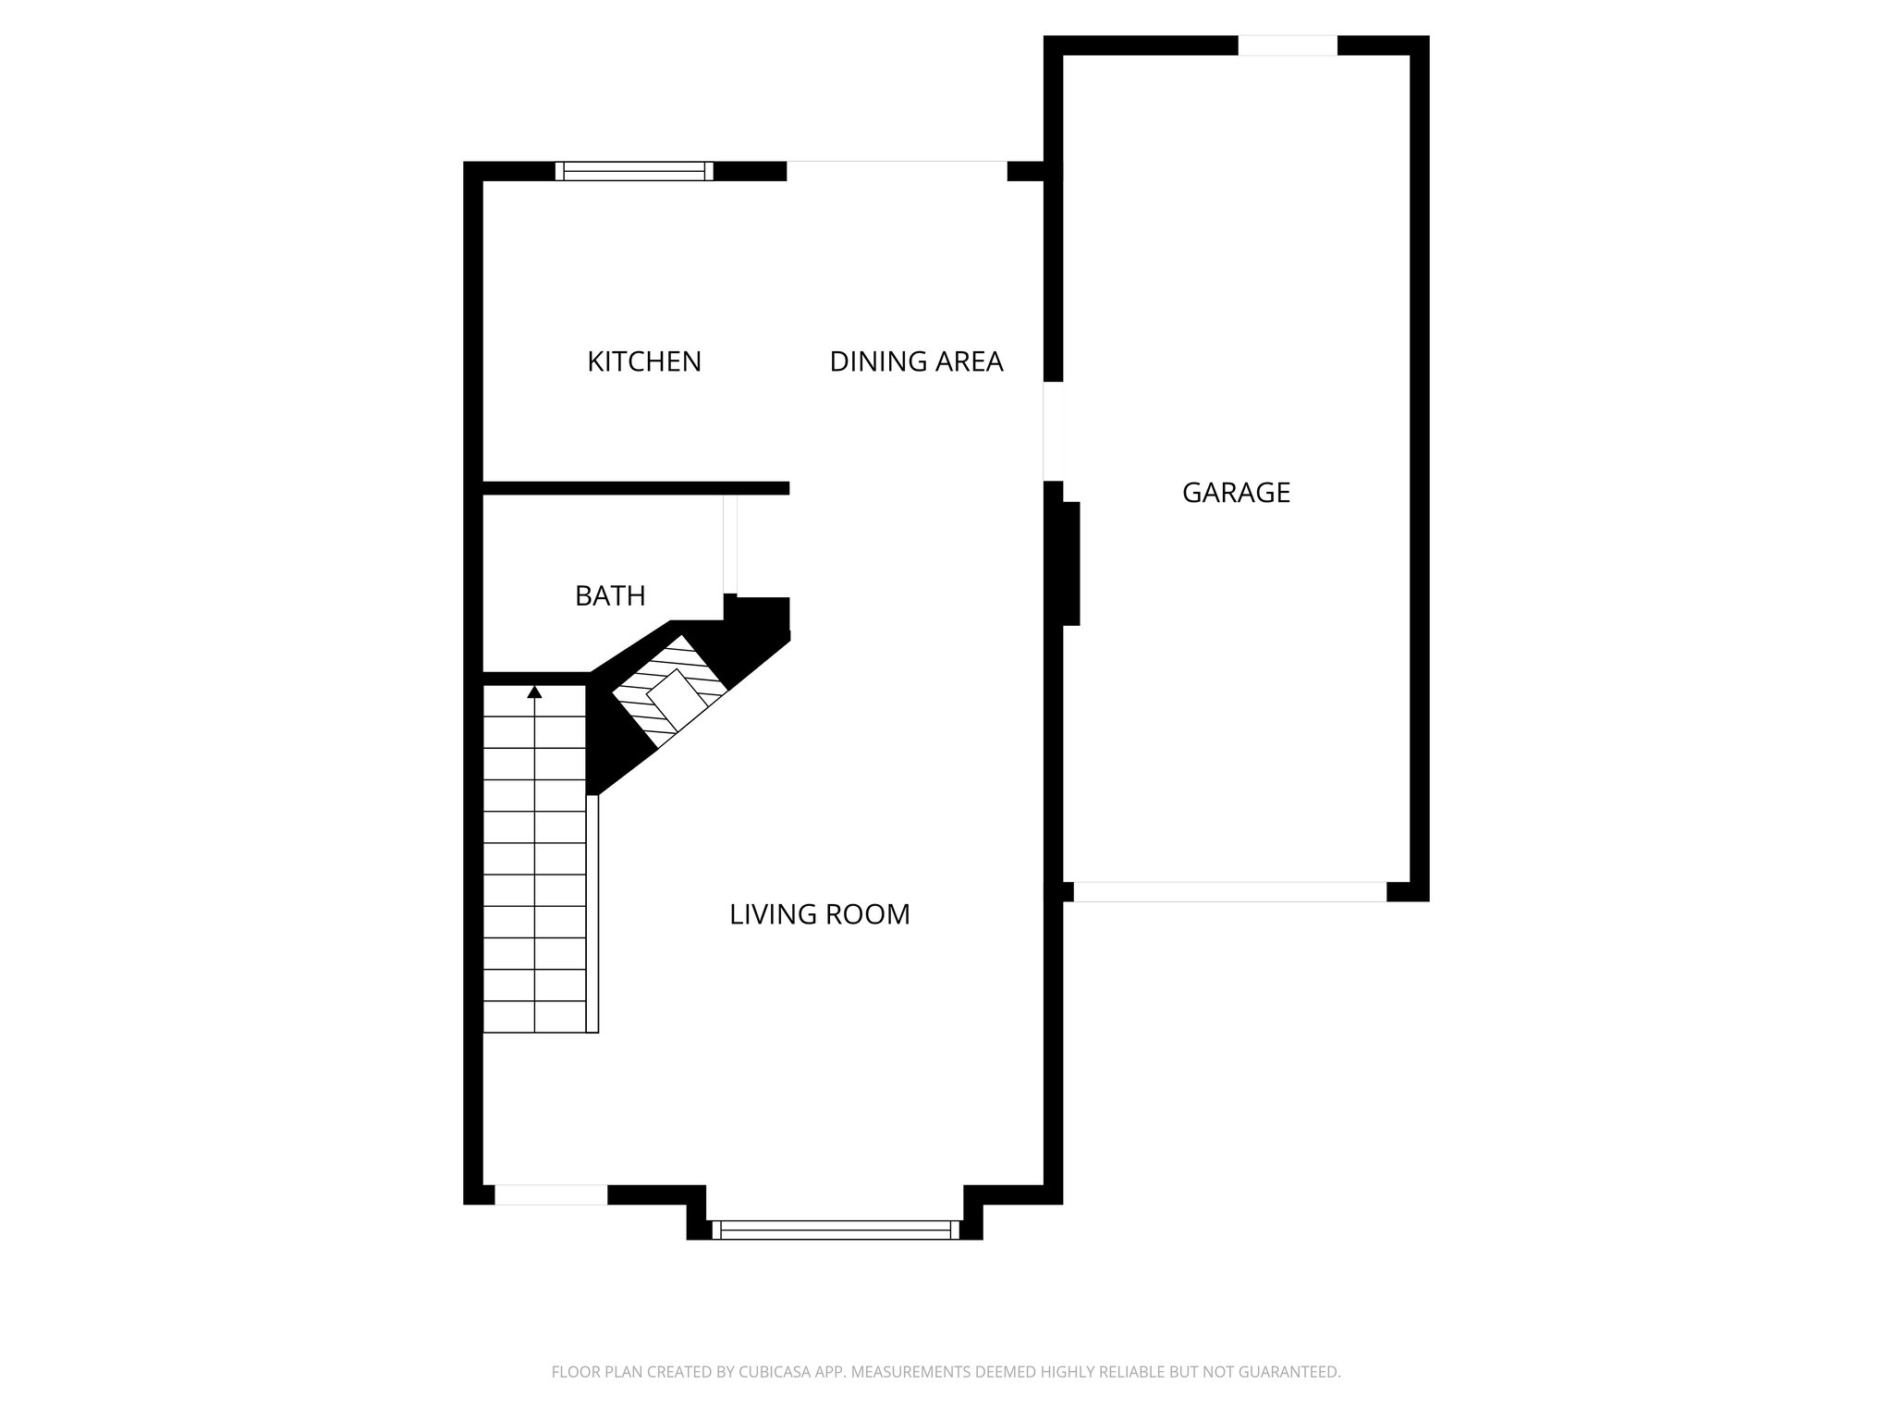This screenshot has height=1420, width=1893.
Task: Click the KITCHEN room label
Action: (644, 361)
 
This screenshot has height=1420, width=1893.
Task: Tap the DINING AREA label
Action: (916, 361)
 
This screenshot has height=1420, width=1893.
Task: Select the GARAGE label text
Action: (1236, 493)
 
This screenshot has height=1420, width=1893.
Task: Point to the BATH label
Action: (610, 596)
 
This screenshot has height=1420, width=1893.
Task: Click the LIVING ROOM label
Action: (820, 914)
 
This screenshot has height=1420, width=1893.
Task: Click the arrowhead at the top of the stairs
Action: (534, 691)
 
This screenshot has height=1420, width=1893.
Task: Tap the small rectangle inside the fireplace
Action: (677, 697)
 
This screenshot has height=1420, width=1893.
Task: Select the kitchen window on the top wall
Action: (635, 171)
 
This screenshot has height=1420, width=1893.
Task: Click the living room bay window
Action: (835, 1230)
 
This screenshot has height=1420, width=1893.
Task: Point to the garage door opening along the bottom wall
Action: (1229, 892)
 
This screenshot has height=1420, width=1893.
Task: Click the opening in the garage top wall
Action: (1288, 45)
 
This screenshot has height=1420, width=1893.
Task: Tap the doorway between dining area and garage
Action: (1053, 431)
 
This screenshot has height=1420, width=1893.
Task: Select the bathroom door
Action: (730, 545)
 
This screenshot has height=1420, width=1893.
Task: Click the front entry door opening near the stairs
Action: (551, 1194)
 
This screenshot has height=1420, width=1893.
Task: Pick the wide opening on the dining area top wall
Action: (896, 171)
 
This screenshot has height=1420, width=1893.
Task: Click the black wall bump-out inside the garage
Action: (1070, 563)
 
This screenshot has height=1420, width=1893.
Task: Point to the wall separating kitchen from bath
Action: (635, 488)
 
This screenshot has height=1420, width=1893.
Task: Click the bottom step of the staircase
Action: (534, 1017)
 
